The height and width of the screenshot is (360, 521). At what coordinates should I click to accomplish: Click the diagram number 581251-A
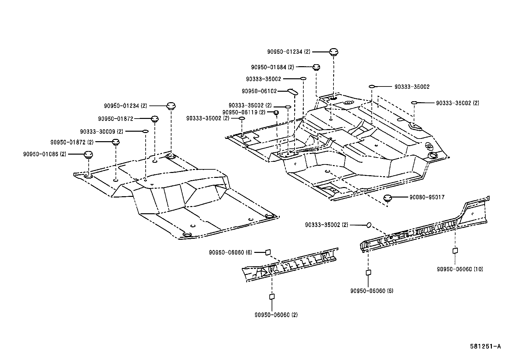point(485,346)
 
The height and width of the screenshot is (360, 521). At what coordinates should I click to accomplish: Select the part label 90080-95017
point(427,197)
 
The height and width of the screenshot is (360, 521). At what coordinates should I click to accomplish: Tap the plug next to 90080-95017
point(387,199)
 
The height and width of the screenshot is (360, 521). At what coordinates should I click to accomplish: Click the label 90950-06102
point(259,91)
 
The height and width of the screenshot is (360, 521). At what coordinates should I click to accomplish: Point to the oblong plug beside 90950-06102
point(293,92)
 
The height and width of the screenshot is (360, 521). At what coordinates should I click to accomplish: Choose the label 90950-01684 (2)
point(272,67)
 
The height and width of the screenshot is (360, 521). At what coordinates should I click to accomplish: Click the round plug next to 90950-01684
point(316,67)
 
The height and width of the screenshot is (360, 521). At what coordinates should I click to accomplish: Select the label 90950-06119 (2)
point(244,112)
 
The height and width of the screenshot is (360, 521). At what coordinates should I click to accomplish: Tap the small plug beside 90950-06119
point(276,113)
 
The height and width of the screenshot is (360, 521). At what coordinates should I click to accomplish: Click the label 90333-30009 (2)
point(102,132)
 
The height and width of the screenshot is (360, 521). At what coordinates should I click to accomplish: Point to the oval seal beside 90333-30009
point(146,132)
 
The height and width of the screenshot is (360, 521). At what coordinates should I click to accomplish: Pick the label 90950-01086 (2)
point(45,154)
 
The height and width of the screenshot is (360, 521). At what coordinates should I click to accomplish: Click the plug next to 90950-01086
point(88,154)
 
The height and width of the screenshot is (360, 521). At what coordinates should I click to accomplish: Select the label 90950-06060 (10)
point(460,269)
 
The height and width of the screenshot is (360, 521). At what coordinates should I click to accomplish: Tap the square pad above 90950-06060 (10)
point(455,251)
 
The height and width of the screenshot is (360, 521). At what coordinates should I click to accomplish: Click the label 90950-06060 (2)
point(276,315)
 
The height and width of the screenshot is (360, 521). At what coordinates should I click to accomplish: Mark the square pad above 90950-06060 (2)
point(272,296)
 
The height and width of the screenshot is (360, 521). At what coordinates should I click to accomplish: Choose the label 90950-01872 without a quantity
point(116,119)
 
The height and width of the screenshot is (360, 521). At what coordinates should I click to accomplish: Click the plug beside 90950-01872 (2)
point(116,142)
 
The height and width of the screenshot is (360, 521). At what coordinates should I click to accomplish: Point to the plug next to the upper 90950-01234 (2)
point(333,52)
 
